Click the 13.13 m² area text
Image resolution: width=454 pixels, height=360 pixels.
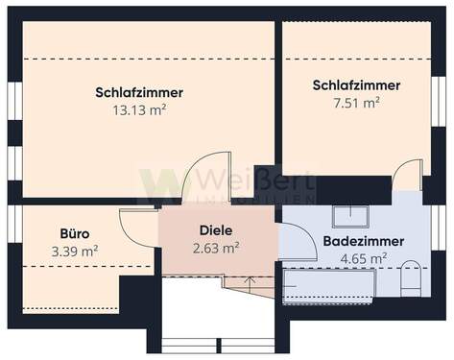[139, 109]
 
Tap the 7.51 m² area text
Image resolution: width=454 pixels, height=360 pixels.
[356, 102]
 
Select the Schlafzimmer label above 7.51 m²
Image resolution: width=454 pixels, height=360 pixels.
[356, 85]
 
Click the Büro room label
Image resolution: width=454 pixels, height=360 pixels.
[76, 233]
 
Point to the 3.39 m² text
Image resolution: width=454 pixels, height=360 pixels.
[77, 251]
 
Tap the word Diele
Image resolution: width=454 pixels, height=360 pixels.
[217, 230]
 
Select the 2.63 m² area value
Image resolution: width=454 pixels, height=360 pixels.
[217, 248]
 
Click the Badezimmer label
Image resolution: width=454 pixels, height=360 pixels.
[363, 240]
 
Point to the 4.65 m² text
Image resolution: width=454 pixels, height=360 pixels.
[363, 257]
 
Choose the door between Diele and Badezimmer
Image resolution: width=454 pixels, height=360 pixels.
[295, 240]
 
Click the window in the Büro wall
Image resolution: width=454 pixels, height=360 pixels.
[13, 223]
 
